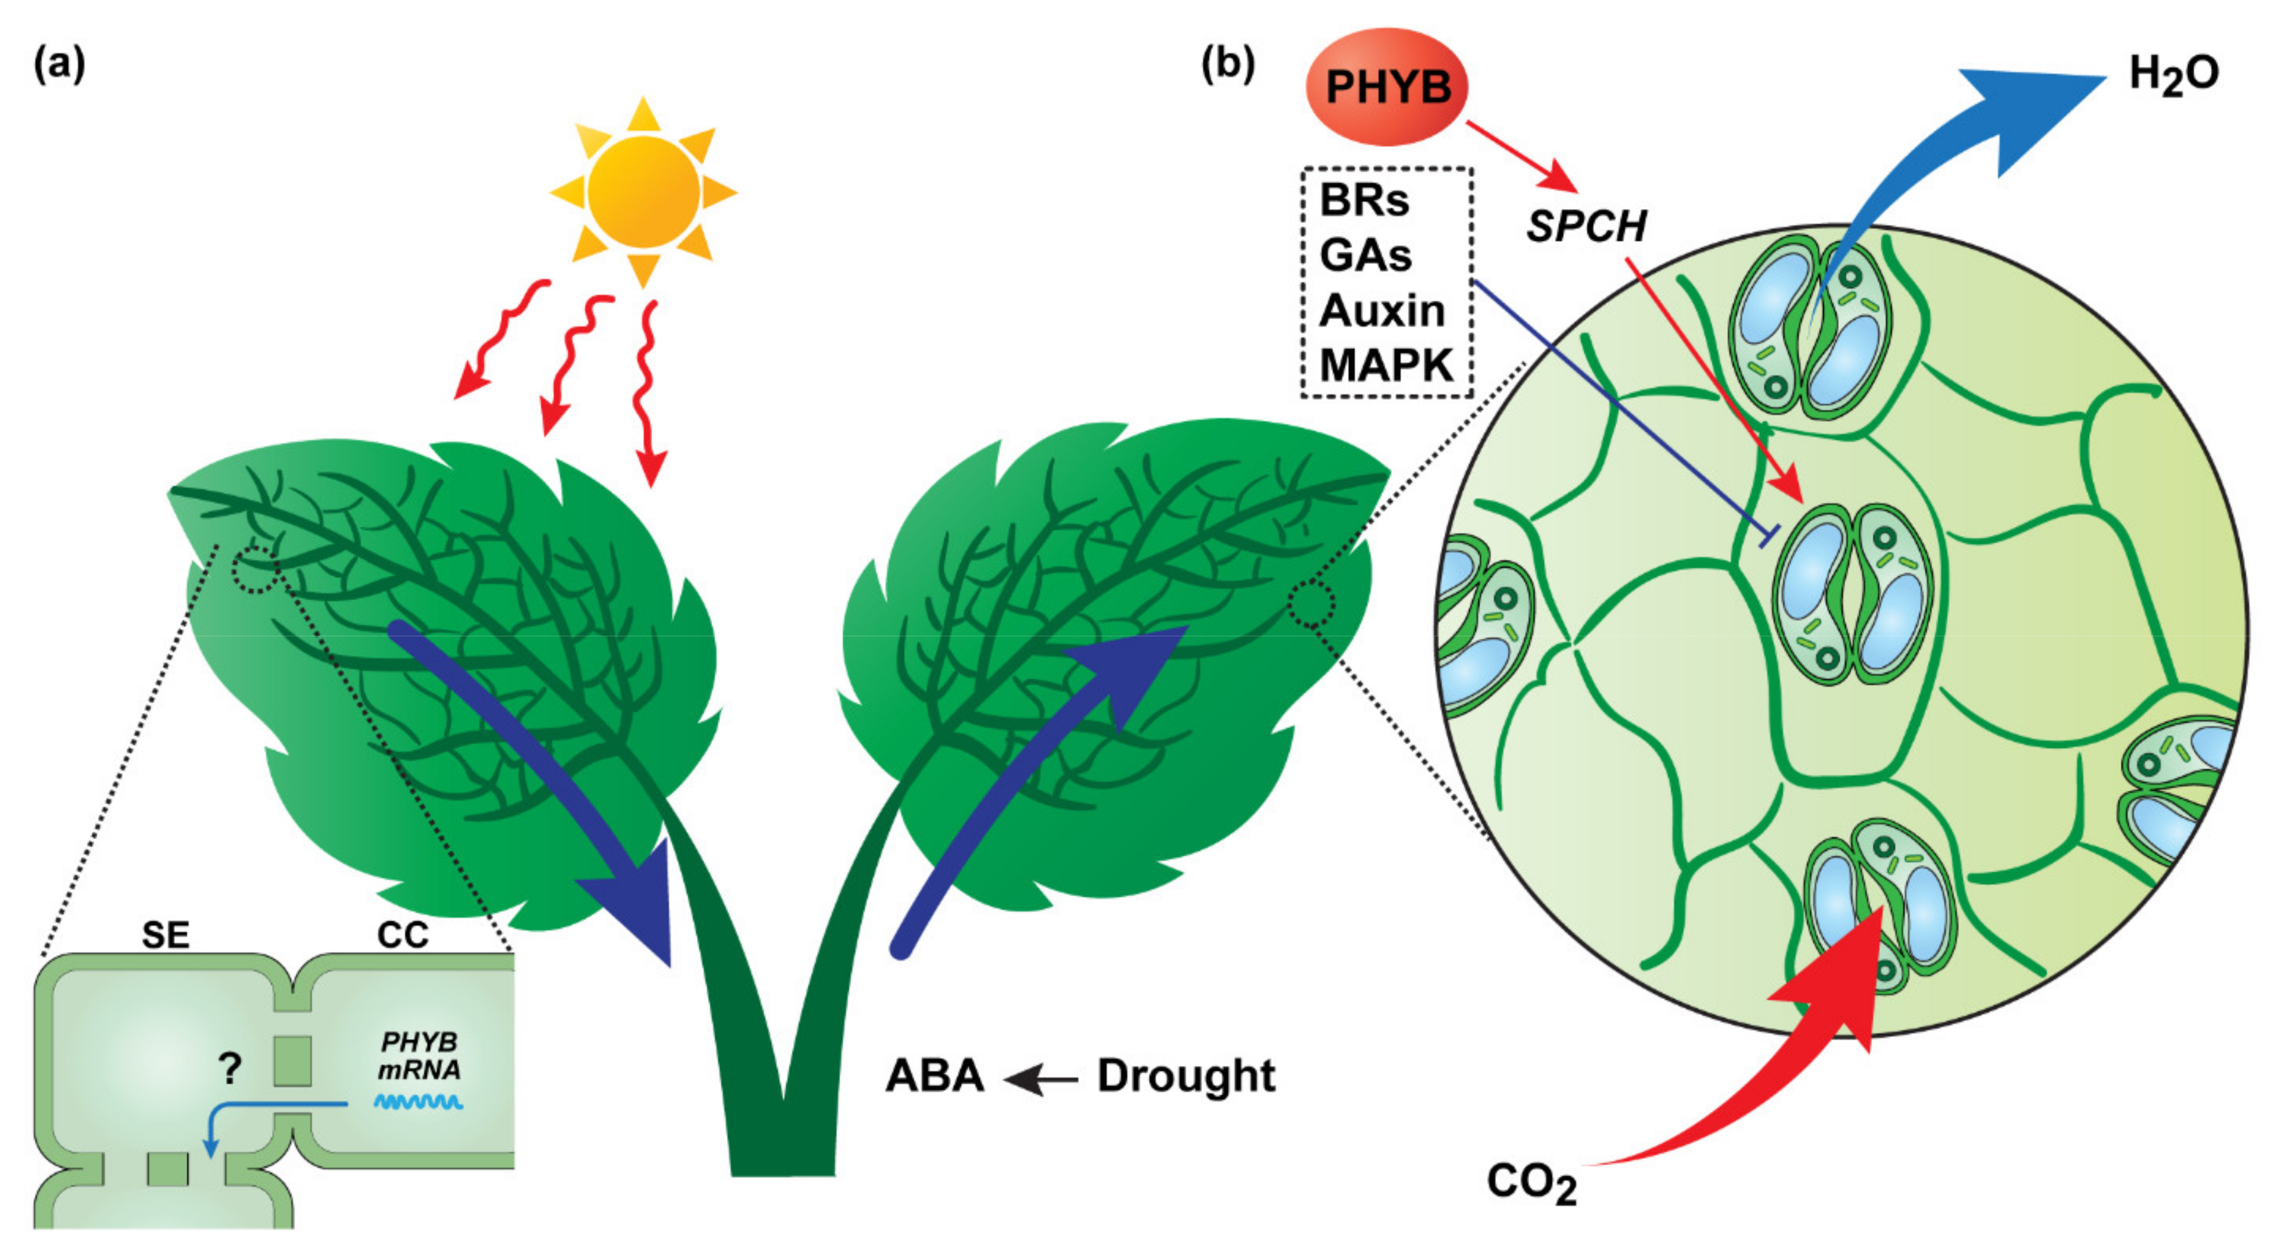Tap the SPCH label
pyautogui.click(x=1585, y=227)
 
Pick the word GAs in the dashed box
pyautogui.click(x=1365, y=255)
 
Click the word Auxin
pyautogui.click(x=1382, y=310)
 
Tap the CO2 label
pyautogui.click(x=1531, y=1183)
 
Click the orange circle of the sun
pyautogui.click(x=643, y=191)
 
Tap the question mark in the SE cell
pyautogui.click(x=230, y=1068)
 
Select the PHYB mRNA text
pyautogui.click(x=419, y=1055)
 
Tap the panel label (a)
pyautogui.click(x=59, y=65)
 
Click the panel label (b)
pyautogui.click(x=1227, y=63)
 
